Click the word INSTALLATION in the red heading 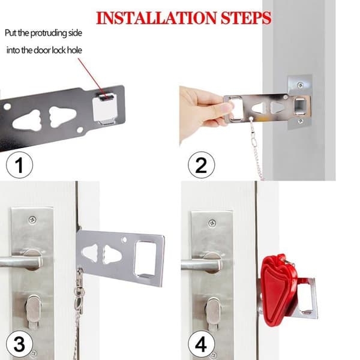[x=157, y=18]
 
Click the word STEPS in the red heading [x=246, y=18]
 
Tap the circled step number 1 [x=20, y=165]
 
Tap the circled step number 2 [x=202, y=165]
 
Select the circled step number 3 [x=20, y=344]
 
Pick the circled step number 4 [x=202, y=344]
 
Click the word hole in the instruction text [x=74, y=50]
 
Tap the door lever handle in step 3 [x=20, y=260]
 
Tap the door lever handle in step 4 [x=202, y=263]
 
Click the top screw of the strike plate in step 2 [x=300, y=85]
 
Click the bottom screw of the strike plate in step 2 [x=301, y=121]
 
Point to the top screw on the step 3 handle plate [x=32, y=220]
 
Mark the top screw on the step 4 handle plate [x=212, y=223]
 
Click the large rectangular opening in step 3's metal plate [x=146, y=259]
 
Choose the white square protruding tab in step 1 [x=104, y=109]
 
